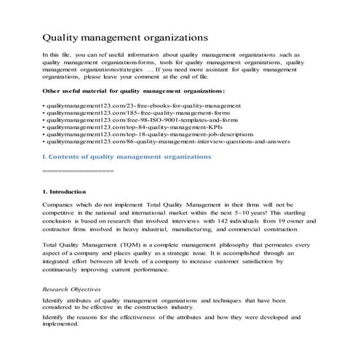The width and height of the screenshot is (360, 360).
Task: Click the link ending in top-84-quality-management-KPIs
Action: click(x=116, y=132)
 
